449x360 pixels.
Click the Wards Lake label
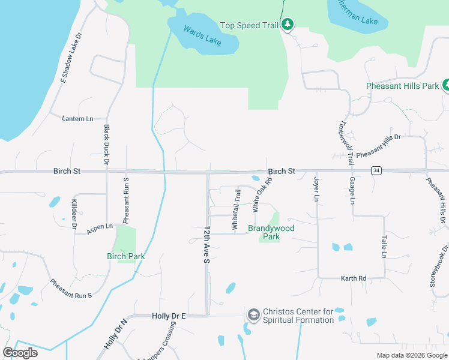202,35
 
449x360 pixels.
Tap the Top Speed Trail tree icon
289,25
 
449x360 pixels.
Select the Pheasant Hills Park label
403,86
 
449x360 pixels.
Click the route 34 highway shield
376,171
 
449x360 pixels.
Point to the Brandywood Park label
271,232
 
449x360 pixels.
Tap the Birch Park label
126,256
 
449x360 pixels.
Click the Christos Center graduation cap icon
253,314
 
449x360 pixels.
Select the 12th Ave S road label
207,245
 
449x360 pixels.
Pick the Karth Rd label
354,278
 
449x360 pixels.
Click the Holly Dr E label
169,316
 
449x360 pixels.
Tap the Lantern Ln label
77,119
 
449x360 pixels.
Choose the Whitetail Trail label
237,209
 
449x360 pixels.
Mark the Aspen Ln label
100,227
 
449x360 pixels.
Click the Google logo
20,353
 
